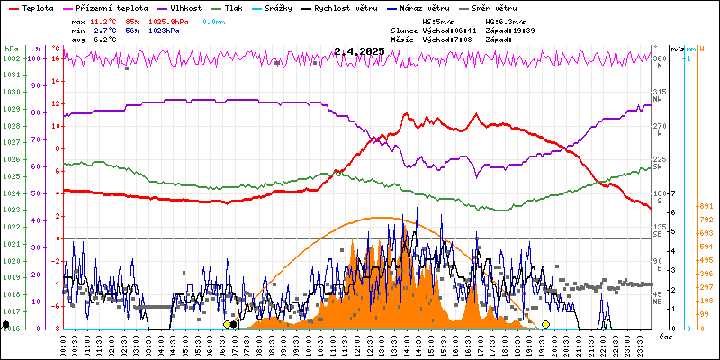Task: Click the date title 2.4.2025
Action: click(359, 51)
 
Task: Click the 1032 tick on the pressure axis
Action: click(11, 58)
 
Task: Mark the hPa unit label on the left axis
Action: click(11, 49)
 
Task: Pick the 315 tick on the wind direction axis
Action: click(658, 93)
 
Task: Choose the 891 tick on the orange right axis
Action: click(705, 206)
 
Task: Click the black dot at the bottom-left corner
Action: click(6, 324)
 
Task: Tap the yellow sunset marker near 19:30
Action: click(545, 324)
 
